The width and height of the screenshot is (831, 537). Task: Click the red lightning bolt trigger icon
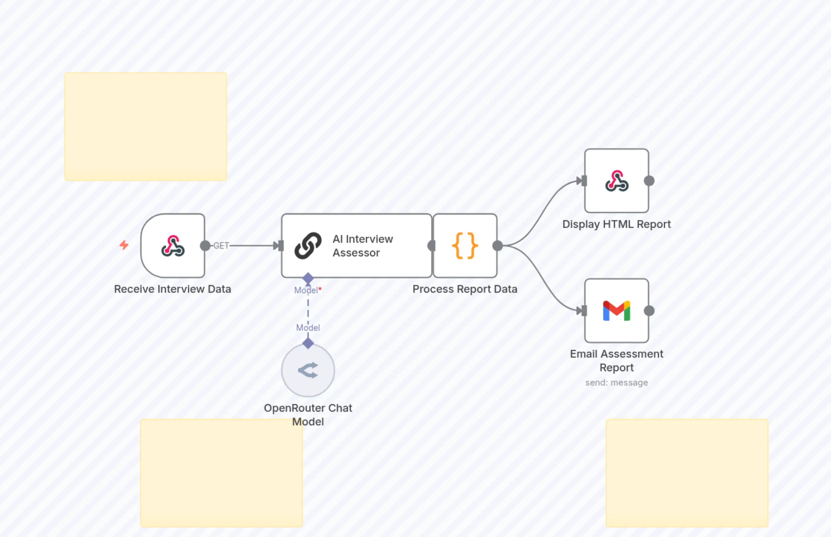(124, 245)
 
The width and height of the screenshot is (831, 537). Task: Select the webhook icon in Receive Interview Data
(173, 246)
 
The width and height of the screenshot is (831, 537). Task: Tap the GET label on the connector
(221, 246)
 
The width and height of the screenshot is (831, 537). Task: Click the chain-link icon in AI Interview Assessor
(308, 246)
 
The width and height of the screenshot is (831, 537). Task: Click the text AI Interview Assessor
(363, 246)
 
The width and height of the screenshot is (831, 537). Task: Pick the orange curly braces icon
(465, 246)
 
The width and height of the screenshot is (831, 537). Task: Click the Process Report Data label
(465, 289)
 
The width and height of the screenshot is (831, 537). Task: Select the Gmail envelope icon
(616, 311)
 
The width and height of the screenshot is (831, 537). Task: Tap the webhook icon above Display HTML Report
(616, 181)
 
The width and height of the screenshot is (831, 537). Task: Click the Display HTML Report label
(616, 224)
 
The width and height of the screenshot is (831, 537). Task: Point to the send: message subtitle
(616, 383)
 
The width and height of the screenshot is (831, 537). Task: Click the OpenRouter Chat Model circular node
(308, 370)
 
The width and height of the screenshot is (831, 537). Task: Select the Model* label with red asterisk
(308, 290)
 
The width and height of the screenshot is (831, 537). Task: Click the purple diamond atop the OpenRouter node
(308, 343)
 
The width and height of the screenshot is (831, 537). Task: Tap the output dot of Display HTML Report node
(649, 181)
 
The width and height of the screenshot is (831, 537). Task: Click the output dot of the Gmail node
(649, 311)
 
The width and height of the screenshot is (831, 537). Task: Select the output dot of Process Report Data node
(497, 246)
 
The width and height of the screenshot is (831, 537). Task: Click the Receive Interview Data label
(173, 289)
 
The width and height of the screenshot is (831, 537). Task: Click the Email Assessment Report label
(616, 361)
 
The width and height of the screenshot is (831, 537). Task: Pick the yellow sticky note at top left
(145, 126)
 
